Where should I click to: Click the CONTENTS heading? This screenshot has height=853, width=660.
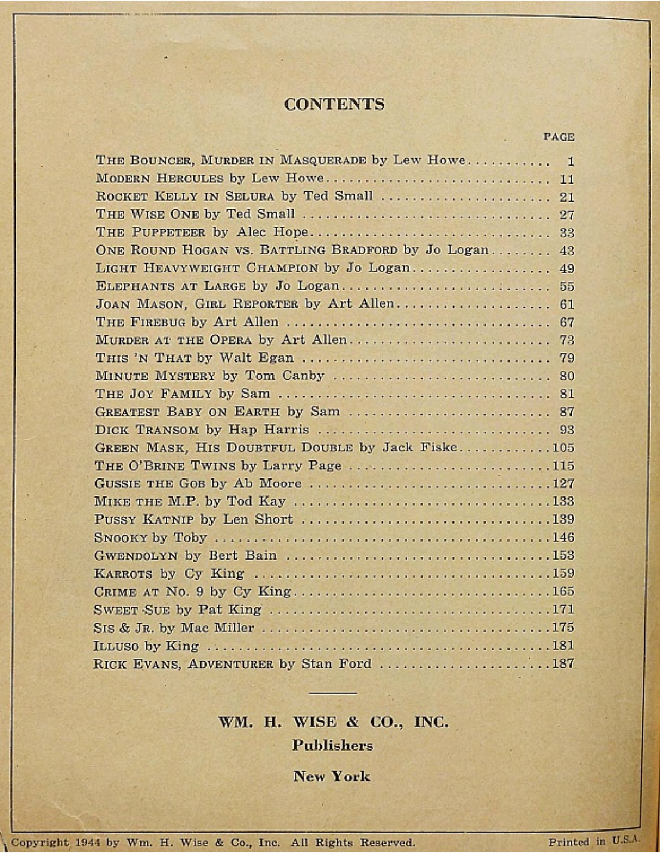pos(334,104)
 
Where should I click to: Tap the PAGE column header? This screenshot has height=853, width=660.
pos(558,137)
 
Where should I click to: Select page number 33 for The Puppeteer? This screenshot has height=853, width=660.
pos(566,232)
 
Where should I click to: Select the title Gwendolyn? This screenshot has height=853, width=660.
pos(136,555)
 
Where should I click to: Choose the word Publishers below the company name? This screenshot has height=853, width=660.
pos(332,745)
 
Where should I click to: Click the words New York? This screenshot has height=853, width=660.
pos(332,776)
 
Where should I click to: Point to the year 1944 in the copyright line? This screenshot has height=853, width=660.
pos(89,842)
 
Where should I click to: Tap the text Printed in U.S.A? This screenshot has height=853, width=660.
pos(594,841)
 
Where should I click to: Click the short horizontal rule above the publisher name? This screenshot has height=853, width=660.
pos(333,694)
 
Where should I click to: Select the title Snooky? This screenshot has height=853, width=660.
pos(120,538)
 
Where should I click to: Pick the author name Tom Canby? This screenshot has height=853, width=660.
pos(284,376)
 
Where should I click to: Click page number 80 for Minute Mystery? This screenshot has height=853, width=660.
pos(566,376)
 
